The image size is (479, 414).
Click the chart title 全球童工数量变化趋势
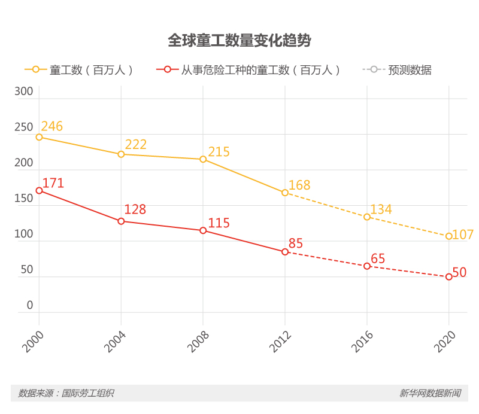[x=239, y=41]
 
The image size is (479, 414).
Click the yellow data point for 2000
[x=40, y=137]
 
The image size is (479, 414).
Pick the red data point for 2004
[x=121, y=221]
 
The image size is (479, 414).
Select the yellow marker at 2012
[x=285, y=193]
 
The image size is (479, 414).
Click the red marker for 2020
[x=448, y=276]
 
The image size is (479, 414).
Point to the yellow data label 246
[x=52, y=126]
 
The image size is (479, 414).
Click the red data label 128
[x=135, y=209]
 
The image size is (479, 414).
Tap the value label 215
[x=219, y=152]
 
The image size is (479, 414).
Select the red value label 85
[x=296, y=243]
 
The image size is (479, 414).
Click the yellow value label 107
[x=463, y=235]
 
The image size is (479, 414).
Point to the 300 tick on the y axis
[x=24, y=92]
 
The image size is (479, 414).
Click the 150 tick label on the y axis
[x=24, y=199]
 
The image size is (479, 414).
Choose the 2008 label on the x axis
[x=198, y=343]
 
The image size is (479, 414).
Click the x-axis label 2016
[x=361, y=343]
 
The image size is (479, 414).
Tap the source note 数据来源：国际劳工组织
[x=66, y=393]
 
